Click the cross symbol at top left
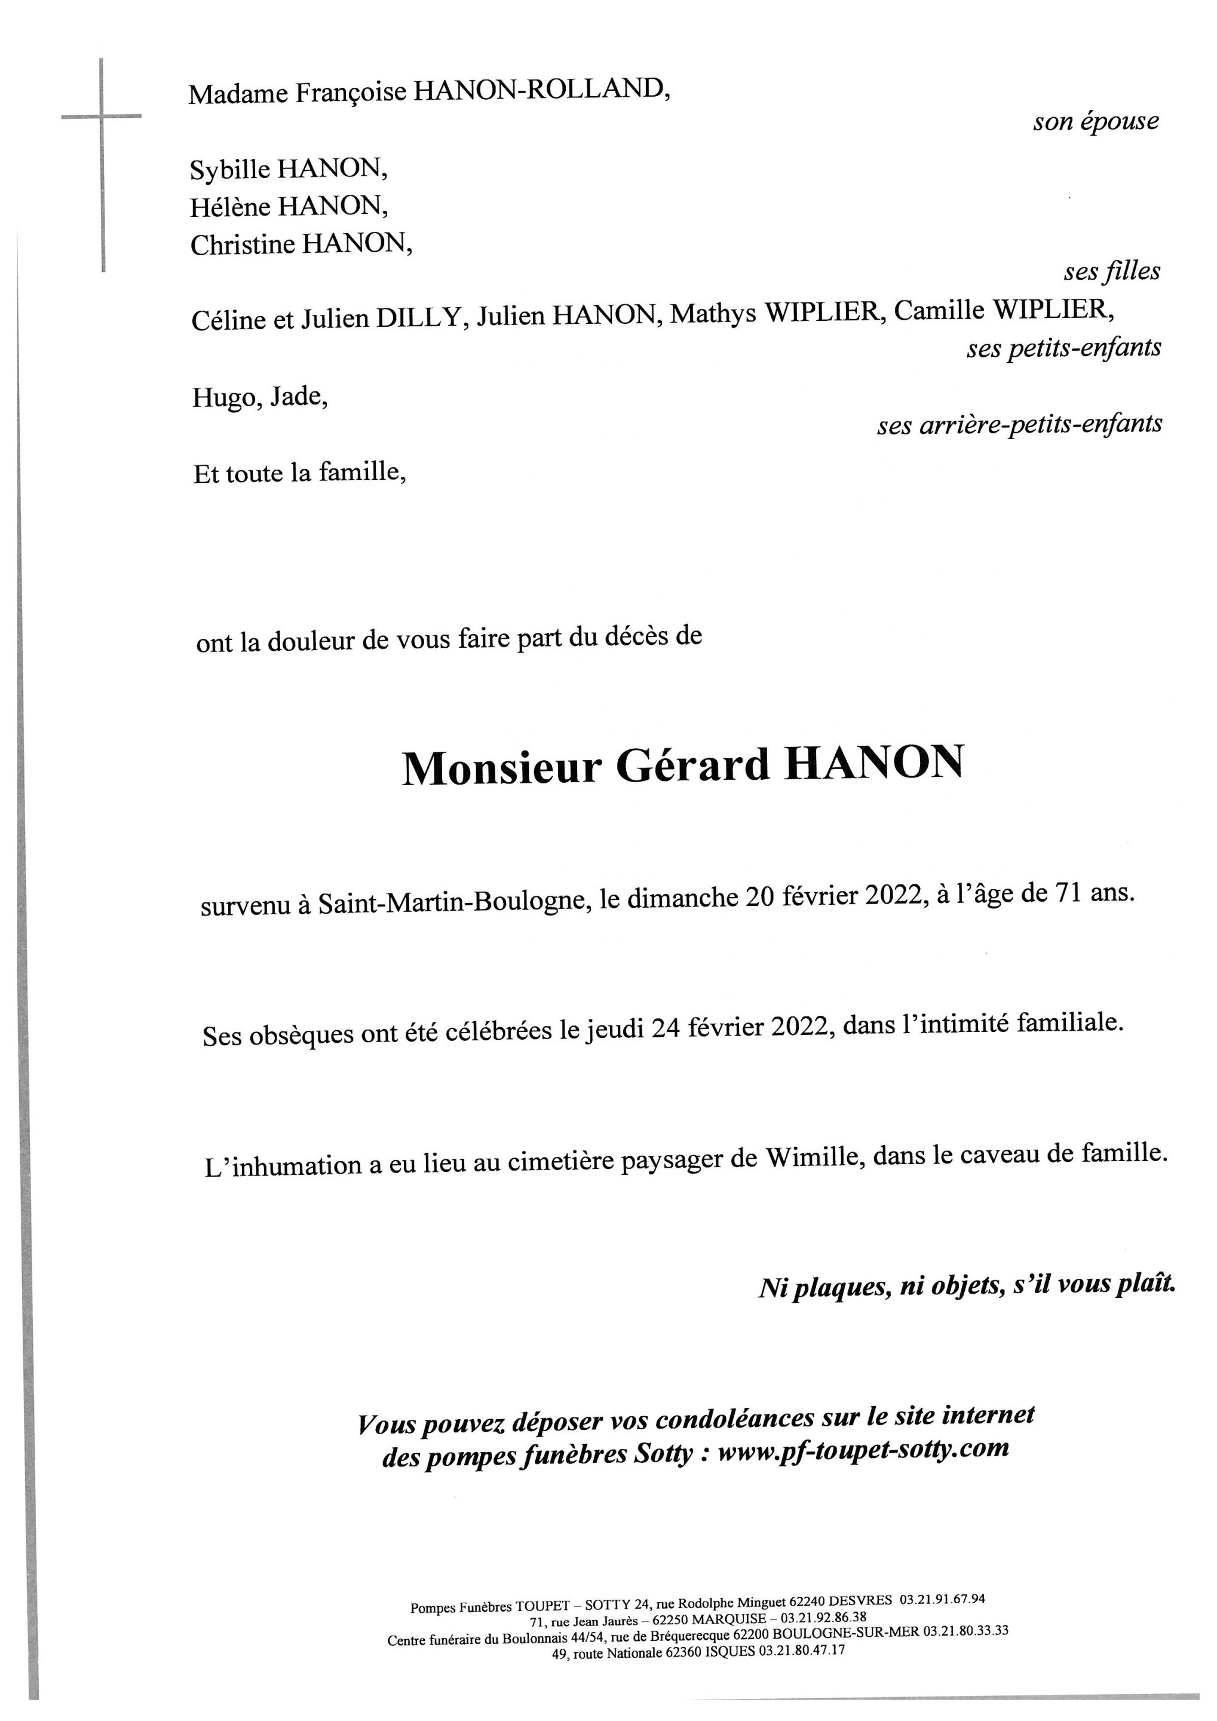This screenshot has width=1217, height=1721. (x=102, y=117)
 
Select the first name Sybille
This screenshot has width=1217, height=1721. (x=230, y=170)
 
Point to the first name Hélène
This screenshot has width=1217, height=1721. (x=230, y=207)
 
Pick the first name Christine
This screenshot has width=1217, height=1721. (x=242, y=244)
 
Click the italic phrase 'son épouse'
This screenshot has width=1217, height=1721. (x=1095, y=121)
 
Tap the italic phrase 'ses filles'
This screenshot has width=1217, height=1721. (x=1111, y=271)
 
